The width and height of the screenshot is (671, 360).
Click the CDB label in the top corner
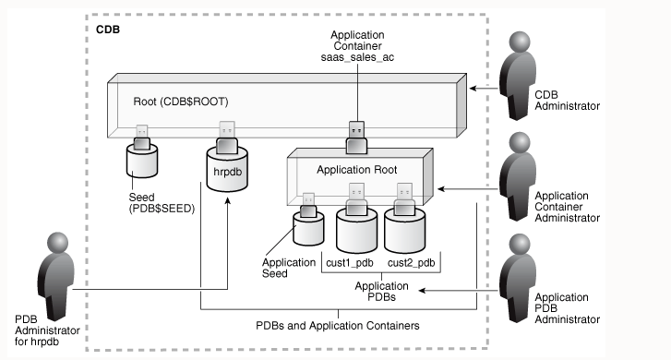click(x=109, y=30)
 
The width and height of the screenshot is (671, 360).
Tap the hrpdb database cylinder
click(x=225, y=173)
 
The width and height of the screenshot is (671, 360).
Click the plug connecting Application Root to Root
click(x=356, y=135)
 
